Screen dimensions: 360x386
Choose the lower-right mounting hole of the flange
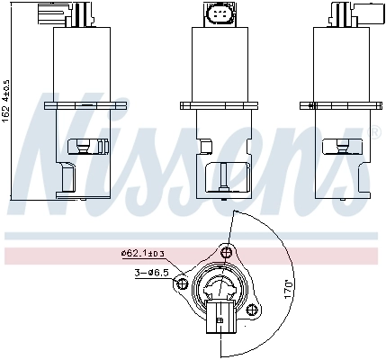247,310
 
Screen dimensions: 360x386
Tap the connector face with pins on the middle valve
220,17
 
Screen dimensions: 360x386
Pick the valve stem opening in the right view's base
343,143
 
